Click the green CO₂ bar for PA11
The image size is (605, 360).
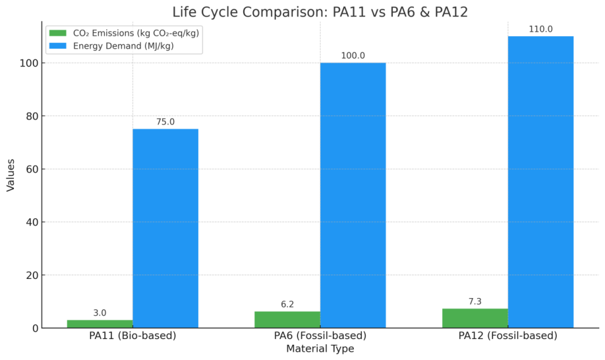pyautogui.click(x=99, y=324)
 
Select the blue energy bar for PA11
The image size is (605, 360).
pyautogui.click(x=165, y=228)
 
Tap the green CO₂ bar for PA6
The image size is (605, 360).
pyautogui.click(x=287, y=320)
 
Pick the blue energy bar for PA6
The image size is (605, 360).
pyautogui.click(x=352, y=196)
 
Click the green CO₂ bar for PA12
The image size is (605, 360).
pyautogui.click(x=475, y=318)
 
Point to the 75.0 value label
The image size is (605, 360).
pyautogui.click(x=165, y=122)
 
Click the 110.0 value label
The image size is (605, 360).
pyautogui.click(x=540, y=29)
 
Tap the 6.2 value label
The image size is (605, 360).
pyautogui.click(x=287, y=304)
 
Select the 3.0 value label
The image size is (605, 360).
pyautogui.click(x=99, y=313)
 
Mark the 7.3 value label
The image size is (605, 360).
pyautogui.click(x=475, y=302)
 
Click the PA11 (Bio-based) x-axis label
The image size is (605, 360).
pyautogui.click(x=132, y=336)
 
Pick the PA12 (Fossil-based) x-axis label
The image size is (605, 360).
pyautogui.click(x=508, y=336)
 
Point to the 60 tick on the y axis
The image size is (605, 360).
pyautogui.click(x=30, y=169)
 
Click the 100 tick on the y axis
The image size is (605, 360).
pyautogui.click(x=27, y=63)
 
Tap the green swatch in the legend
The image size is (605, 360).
pyautogui.click(x=58, y=33)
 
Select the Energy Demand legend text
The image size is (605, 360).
pyautogui.click(x=123, y=46)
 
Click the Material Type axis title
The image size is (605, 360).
pyautogui.click(x=320, y=349)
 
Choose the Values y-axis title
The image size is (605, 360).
pyautogui.click(x=11, y=175)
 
